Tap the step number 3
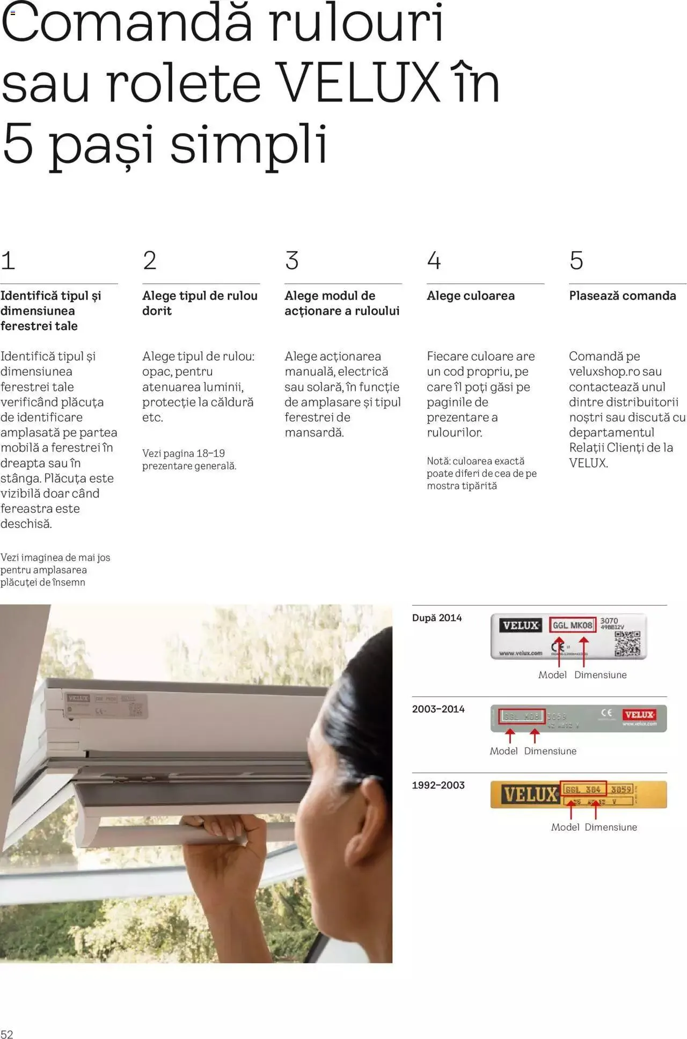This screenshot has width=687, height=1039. pyautogui.click(x=291, y=261)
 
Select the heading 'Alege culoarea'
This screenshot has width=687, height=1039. pyautogui.click(x=470, y=296)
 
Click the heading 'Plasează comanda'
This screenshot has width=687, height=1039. pyautogui.click(x=622, y=296)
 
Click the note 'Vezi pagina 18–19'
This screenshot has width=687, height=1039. pyautogui.click(x=183, y=453)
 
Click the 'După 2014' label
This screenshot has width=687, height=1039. pyautogui.click(x=436, y=618)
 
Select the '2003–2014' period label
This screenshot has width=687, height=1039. pyautogui.click(x=438, y=709)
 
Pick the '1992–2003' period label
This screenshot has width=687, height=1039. pyautogui.click(x=438, y=786)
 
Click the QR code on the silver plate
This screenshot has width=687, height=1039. pyautogui.click(x=627, y=644)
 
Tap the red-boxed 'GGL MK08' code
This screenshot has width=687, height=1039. pyautogui.click(x=572, y=626)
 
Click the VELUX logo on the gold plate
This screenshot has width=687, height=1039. pyautogui.click(x=529, y=794)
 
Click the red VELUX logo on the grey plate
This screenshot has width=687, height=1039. pyautogui.click(x=639, y=715)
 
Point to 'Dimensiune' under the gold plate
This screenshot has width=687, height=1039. pyautogui.click(x=610, y=827)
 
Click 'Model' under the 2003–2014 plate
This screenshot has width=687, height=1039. pyautogui.click(x=503, y=751)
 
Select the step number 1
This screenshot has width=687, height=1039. pyautogui.click(x=8, y=261)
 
